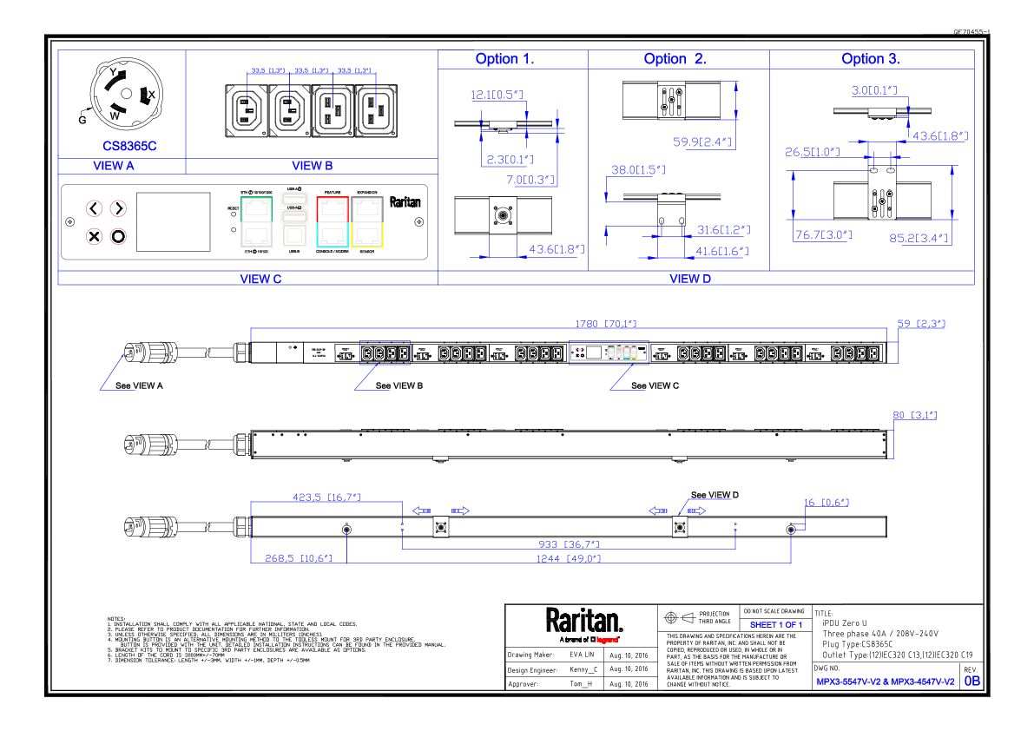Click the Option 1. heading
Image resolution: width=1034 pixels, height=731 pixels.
[x=504, y=59]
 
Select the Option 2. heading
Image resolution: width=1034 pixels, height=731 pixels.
[x=675, y=59]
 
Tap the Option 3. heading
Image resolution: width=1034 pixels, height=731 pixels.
[x=870, y=59]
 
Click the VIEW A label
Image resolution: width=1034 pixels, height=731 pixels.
[x=114, y=166]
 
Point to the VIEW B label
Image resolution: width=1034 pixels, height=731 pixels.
[x=313, y=166]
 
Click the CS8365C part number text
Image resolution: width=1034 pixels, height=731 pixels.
[x=129, y=147]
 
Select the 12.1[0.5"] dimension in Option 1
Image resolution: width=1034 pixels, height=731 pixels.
[x=497, y=95]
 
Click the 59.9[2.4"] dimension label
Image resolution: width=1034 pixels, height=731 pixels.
[x=702, y=142]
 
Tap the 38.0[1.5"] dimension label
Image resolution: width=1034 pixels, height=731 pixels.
[x=638, y=170]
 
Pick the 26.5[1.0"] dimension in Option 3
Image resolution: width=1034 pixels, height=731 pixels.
[x=813, y=152]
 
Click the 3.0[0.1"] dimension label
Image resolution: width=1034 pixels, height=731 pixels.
[x=873, y=90]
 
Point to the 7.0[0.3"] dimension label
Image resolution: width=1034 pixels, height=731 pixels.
[x=530, y=180]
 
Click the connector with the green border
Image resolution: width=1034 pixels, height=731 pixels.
[x=256, y=222]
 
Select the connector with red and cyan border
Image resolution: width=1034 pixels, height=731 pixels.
[x=333, y=222]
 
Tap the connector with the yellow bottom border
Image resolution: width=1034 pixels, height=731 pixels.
[x=367, y=222]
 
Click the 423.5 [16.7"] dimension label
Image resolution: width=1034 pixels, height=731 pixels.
[x=326, y=497]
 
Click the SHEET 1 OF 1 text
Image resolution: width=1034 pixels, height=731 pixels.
[x=775, y=625]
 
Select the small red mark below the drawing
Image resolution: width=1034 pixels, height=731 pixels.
[x=607, y=640]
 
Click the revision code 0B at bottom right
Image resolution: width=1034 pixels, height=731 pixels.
[x=972, y=682]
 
